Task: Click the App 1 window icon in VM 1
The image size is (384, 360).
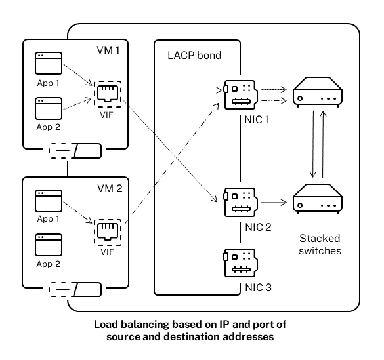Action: point(48,64)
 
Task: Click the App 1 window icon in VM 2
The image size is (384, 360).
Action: point(48,199)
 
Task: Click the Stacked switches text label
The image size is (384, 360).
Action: point(320,244)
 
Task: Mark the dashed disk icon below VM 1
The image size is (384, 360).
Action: point(75,152)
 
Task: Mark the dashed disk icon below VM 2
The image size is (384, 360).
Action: point(75,289)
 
